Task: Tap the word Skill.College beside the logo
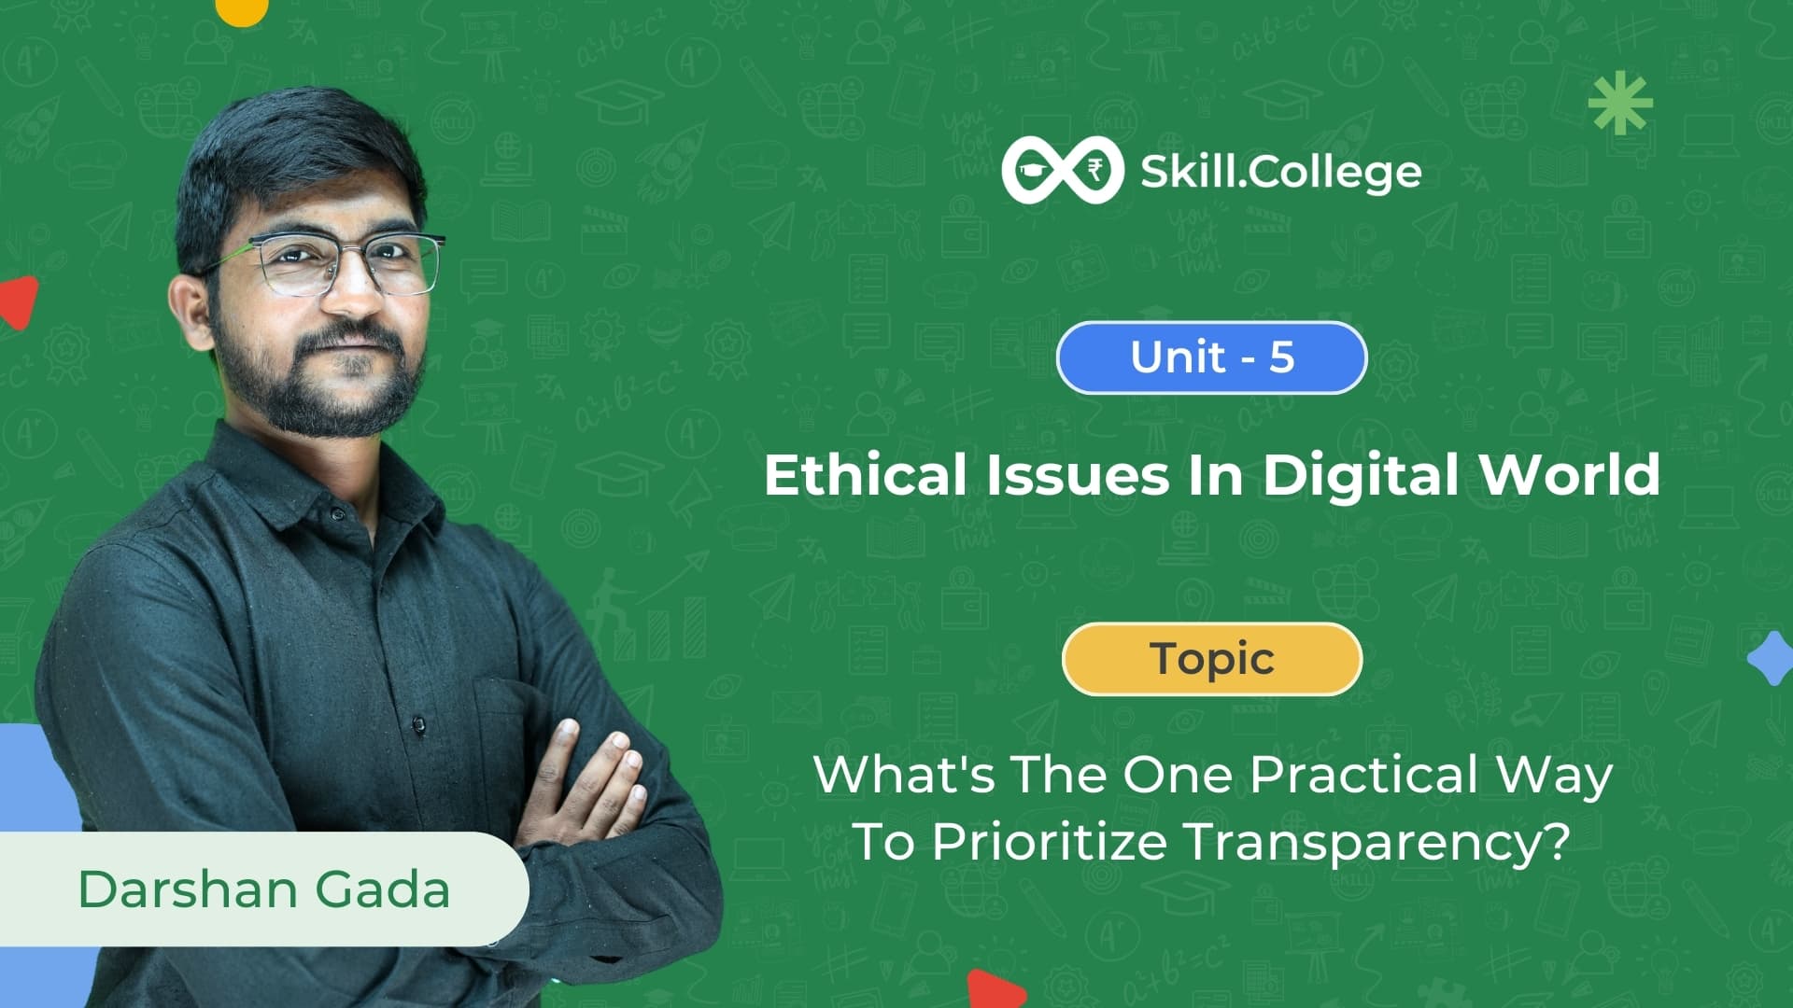[1281, 172]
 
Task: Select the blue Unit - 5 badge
[1212, 357]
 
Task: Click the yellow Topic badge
[1212, 659]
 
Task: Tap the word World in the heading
[1570, 474]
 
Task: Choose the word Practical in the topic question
[1364, 775]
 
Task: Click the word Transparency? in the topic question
[1377, 843]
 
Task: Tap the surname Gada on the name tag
[382, 889]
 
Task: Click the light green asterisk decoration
[1620, 103]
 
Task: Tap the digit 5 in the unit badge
[1281, 357]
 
